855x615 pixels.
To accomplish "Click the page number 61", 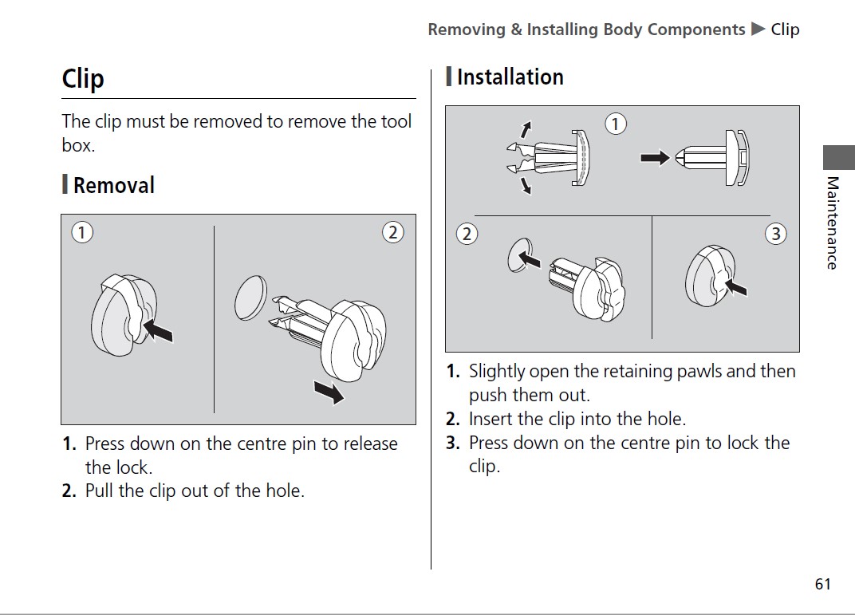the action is click(x=823, y=584).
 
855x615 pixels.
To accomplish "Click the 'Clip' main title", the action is click(x=83, y=80).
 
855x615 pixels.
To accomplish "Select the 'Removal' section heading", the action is click(x=114, y=185).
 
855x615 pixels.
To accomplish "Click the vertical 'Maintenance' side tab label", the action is click(x=832, y=223).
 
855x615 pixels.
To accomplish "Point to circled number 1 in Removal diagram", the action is click(x=82, y=233).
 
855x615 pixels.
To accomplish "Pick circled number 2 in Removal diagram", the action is click(x=392, y=233).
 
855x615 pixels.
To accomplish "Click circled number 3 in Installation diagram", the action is click(x=776, y=234).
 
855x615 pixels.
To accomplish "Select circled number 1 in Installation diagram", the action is click(x=616, y=124).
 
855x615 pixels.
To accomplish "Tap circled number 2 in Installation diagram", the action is click(x=467, y=234).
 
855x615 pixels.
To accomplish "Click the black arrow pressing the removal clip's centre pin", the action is click(x=158, y=330).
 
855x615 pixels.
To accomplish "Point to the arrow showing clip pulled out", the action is click(x=329, y=392).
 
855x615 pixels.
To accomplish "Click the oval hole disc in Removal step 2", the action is click(x=250, y=298).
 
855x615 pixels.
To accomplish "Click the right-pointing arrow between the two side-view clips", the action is click(x=655, y=158).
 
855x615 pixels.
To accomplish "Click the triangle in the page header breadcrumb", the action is click(x=758, y=29).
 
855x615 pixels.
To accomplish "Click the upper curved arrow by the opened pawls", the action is click(x=526, y=129).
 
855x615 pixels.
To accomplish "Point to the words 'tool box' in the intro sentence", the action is click(x=237, y=133).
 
